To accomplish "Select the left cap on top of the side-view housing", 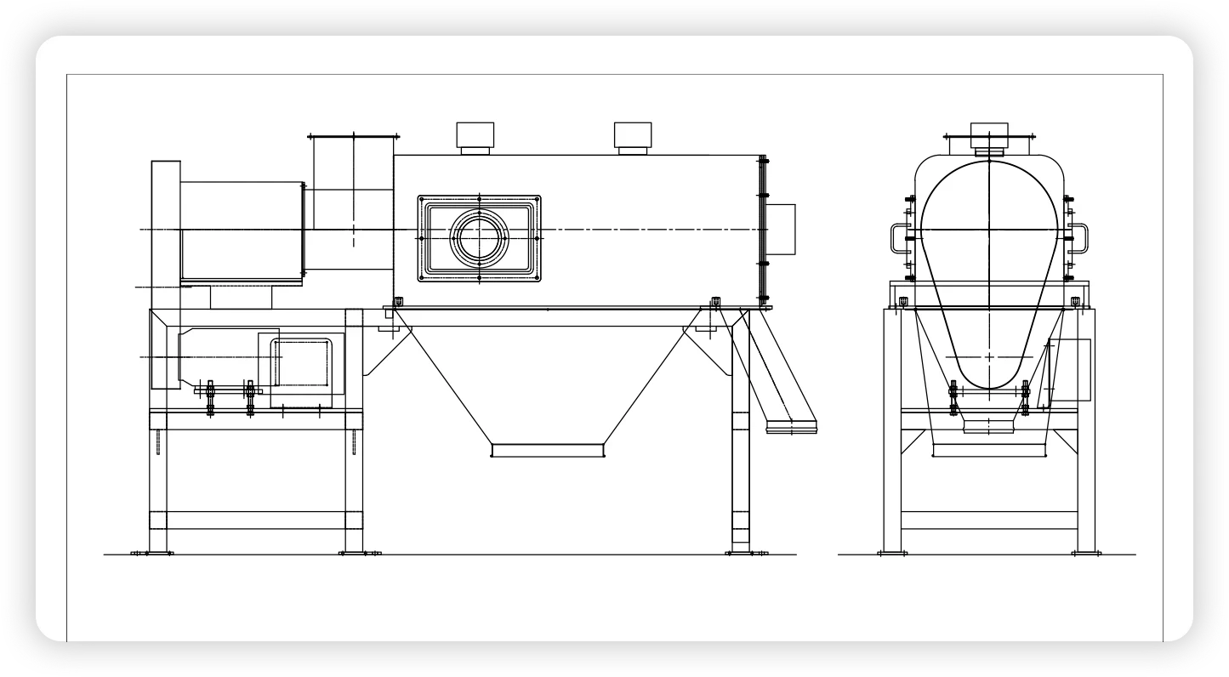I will click(x=475, y=136).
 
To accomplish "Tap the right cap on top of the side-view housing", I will click(x=633, y=136).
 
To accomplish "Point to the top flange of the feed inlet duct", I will click(x=353, y=135).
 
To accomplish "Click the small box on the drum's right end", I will click(x=781, y=229).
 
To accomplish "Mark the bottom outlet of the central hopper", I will click(x=548, y=449).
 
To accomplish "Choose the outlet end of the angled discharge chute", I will click(x=791, y=424).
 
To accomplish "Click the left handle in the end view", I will click(x=898, y=237).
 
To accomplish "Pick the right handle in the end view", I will click(x=1079, y=237).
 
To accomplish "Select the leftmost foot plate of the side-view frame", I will click(x=152, y=553).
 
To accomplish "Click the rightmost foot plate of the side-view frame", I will click(x=746, y=553).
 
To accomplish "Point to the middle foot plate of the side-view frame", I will click(x=359, y=553).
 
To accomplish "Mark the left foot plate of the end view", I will click(x=891, y=553).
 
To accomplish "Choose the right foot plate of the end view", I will click(x=1086, y=553).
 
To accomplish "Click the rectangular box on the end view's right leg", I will click(x=1070, y=370).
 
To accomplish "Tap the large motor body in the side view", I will click(x=242, y=230).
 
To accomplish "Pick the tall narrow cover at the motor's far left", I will click(x=165, y=227).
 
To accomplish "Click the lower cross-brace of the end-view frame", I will click(x=989, y=519).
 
